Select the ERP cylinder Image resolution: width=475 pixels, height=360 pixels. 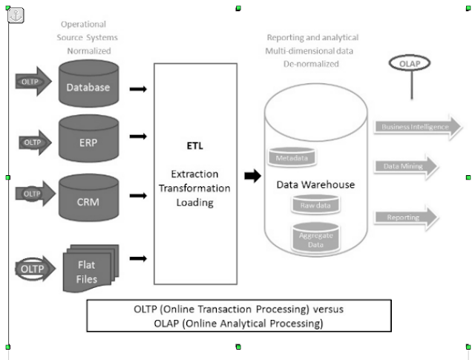[88, 140]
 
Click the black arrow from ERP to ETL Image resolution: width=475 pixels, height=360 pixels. [137, 137]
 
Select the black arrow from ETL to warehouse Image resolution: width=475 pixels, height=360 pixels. [253, 176]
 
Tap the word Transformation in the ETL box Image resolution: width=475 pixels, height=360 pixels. [195, 188]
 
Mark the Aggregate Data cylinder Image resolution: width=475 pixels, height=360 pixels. [315, 237]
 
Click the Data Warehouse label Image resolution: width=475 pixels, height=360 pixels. [315, 184]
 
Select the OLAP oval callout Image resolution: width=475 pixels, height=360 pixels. [409, 65]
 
